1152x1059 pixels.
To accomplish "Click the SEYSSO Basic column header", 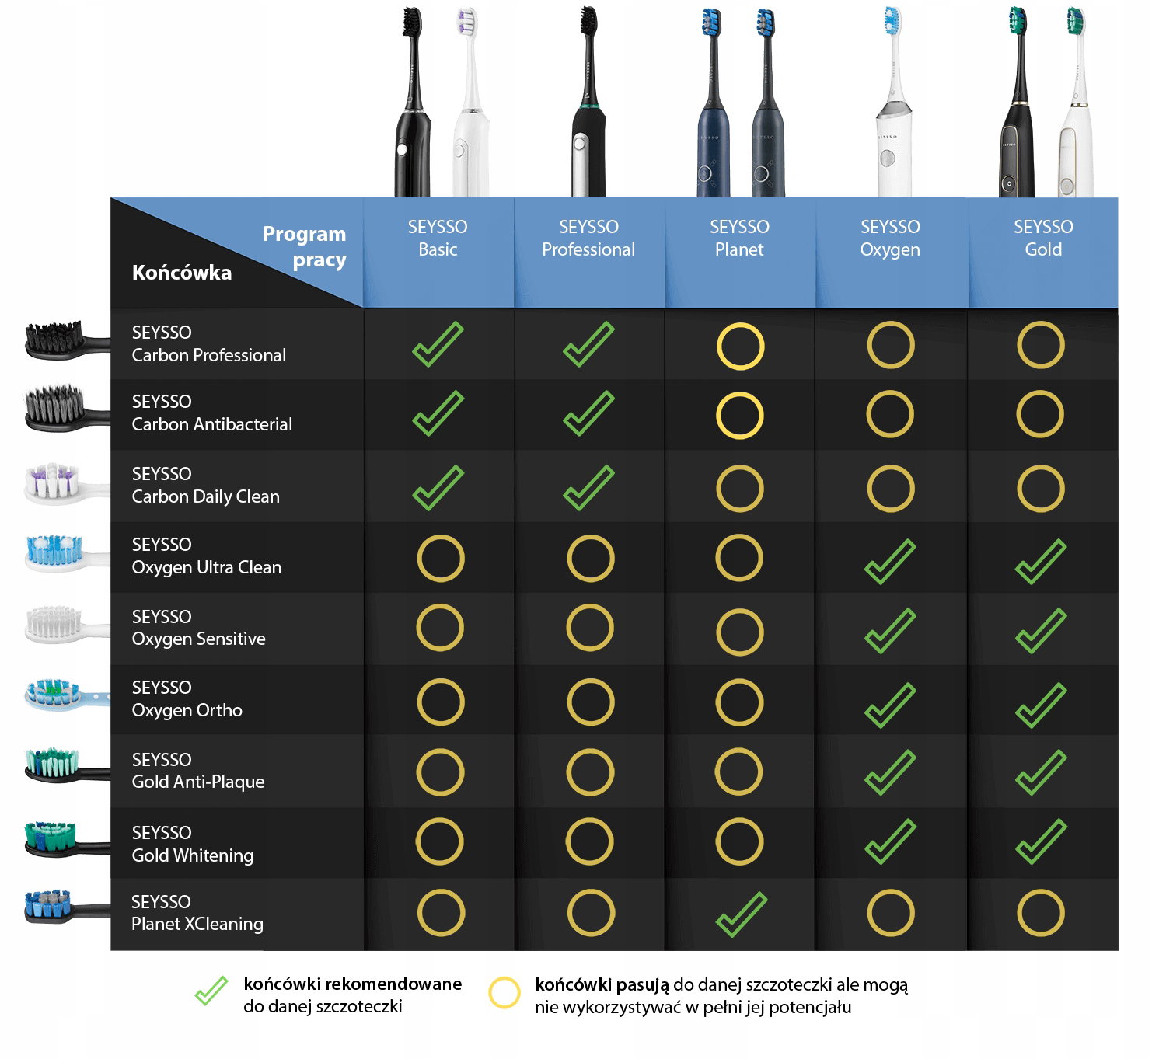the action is (x=438, y=239).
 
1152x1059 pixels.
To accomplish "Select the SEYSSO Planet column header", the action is (x=740, y=239).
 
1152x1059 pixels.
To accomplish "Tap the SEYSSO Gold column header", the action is (x=1043, y=239).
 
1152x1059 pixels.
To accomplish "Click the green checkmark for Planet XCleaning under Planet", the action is (x=742, y=915).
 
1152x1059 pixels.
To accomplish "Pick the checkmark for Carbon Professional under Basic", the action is (x=438, y=344).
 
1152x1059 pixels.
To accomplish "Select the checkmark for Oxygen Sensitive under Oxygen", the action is (x=890, y=631).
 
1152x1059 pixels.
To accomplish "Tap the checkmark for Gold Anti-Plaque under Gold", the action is (x=1041, y=772).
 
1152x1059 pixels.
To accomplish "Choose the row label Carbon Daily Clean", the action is (x=205, y=485).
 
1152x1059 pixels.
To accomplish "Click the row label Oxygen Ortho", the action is (x=187, y=698).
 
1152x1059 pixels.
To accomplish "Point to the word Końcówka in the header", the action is (x=181, y=273).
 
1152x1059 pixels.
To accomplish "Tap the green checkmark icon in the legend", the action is (x=211, y=991).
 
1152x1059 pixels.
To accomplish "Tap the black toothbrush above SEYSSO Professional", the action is (x=588, y=102).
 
